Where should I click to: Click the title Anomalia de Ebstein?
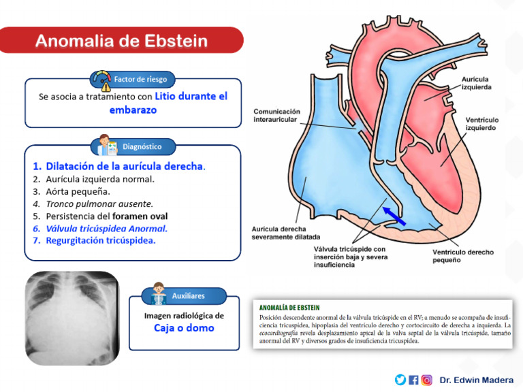tap(121, 41)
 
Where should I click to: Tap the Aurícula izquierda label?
tap(476, 84)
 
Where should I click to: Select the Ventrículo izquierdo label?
tap(481, 124)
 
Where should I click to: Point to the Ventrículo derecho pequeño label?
tap(463, 257)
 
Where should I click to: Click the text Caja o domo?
tap(183, 328)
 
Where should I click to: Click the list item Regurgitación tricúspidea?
tap(100, 240)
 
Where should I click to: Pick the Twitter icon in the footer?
tap(400, 380)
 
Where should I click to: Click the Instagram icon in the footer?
tap(427, 380)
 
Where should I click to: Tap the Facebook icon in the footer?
tap(413, 380)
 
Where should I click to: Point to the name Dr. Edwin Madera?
tap(477, 380)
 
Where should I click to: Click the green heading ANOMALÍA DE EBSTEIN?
tap(289, 308)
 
